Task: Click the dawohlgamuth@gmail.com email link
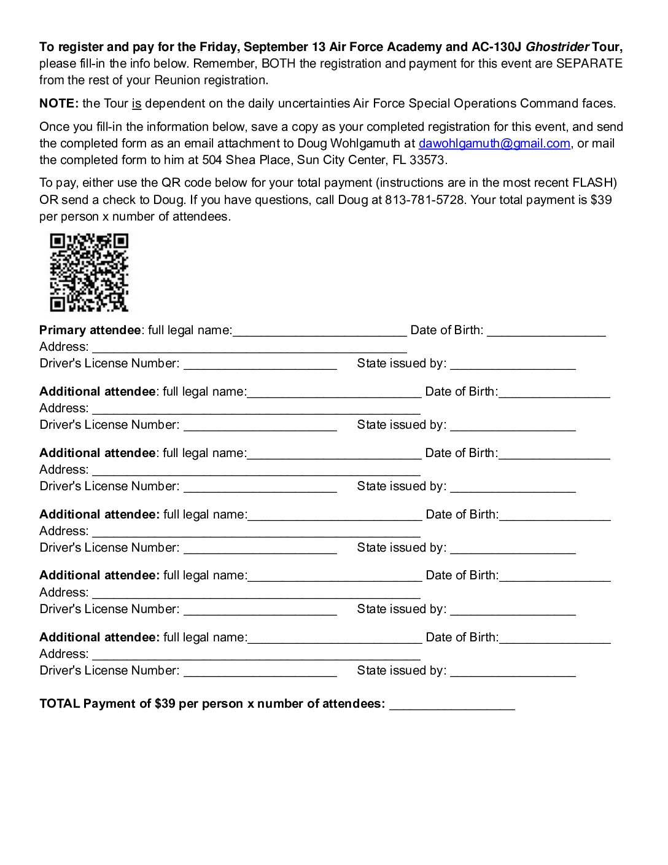pyautogui.click(x=494, y=144)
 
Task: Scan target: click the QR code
pyautogui.click(x=89, y=272)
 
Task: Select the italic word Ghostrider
pyautogui.click(x=557, y=47)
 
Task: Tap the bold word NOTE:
pyautogui.click(x=59, y=104)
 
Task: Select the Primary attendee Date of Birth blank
pyautogui.click(x=546, y=332)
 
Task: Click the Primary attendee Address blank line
pyautogui.click(x=249, y=348)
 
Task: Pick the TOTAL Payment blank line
pyautogui.click(x=452, y=705)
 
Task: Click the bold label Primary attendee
pyautogui.click(x=90, y=331)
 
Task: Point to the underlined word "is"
pyautogui.click(x=136, y=104)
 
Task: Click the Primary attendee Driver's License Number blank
pyautogui.click(x=260, y=365)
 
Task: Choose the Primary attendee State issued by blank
pyautogui.click(x=513, y=365)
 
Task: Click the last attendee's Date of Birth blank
pyautogui.click(x=554, y=639)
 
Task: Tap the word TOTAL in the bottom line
pyautogui.click(x=60, y=704)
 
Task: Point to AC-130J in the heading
pyautogui.click(x=496, y=47)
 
